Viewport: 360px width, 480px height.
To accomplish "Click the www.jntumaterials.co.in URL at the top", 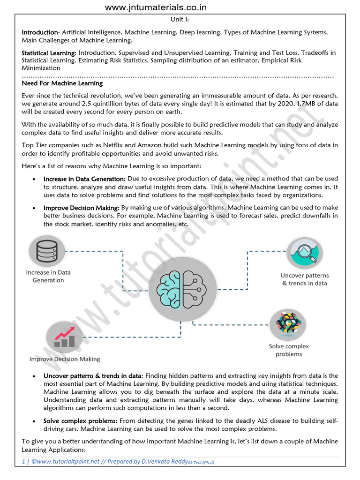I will (156, 7).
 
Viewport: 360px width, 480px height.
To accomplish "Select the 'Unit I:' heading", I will (180, 20).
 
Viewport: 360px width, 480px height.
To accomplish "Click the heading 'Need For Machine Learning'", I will (62, 83).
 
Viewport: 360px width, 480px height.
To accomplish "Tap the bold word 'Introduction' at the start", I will (39, 32).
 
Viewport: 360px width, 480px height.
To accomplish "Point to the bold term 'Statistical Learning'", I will (48, 53).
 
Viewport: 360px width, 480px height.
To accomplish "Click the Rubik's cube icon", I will (288, 323).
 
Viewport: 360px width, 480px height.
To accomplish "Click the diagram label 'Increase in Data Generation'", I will (48, 276).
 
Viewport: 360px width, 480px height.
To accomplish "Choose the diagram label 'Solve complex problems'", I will (289, 350).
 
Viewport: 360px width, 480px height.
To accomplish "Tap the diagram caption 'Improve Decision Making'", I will (65, 359).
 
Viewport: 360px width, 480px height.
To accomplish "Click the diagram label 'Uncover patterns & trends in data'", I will (305, 279).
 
